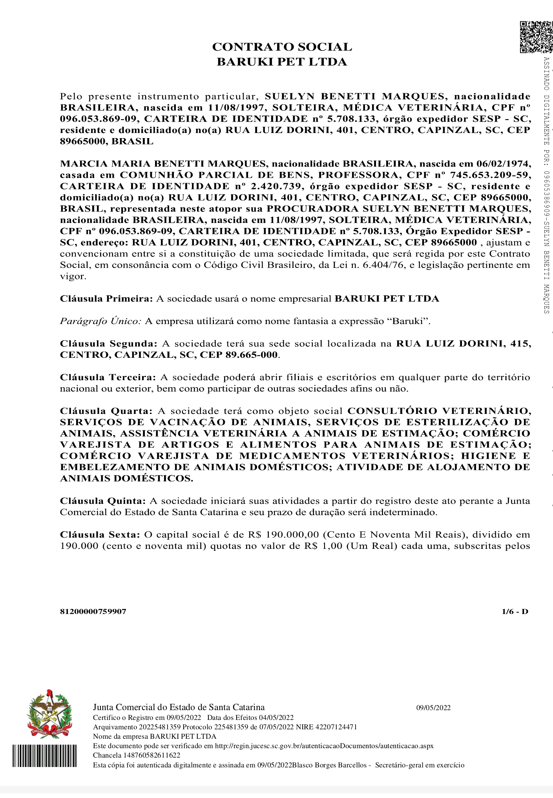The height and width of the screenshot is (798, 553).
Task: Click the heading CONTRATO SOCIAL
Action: pos(282,47)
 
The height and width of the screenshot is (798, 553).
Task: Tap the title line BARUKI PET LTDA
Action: pos(282,62)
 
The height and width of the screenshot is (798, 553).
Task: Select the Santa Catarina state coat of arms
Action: pos(49,714)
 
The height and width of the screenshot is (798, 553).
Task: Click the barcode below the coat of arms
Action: pos(44,755)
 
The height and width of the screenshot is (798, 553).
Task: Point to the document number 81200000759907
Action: pos(93,612)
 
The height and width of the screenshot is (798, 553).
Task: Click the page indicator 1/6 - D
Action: pos(515,612)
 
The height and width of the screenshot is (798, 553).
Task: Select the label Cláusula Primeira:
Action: pos(106,299)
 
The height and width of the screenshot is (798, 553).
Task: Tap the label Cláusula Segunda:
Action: pos(108,344)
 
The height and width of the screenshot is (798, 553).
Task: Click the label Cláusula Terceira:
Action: pos(108,377)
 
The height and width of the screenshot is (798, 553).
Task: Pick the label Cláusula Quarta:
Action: pos(106,411)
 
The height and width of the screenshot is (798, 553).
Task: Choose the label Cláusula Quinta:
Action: pos(103,501)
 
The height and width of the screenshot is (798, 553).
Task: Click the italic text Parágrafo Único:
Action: pos(100,321)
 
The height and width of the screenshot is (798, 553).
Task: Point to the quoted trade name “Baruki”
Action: pos(408,321)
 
